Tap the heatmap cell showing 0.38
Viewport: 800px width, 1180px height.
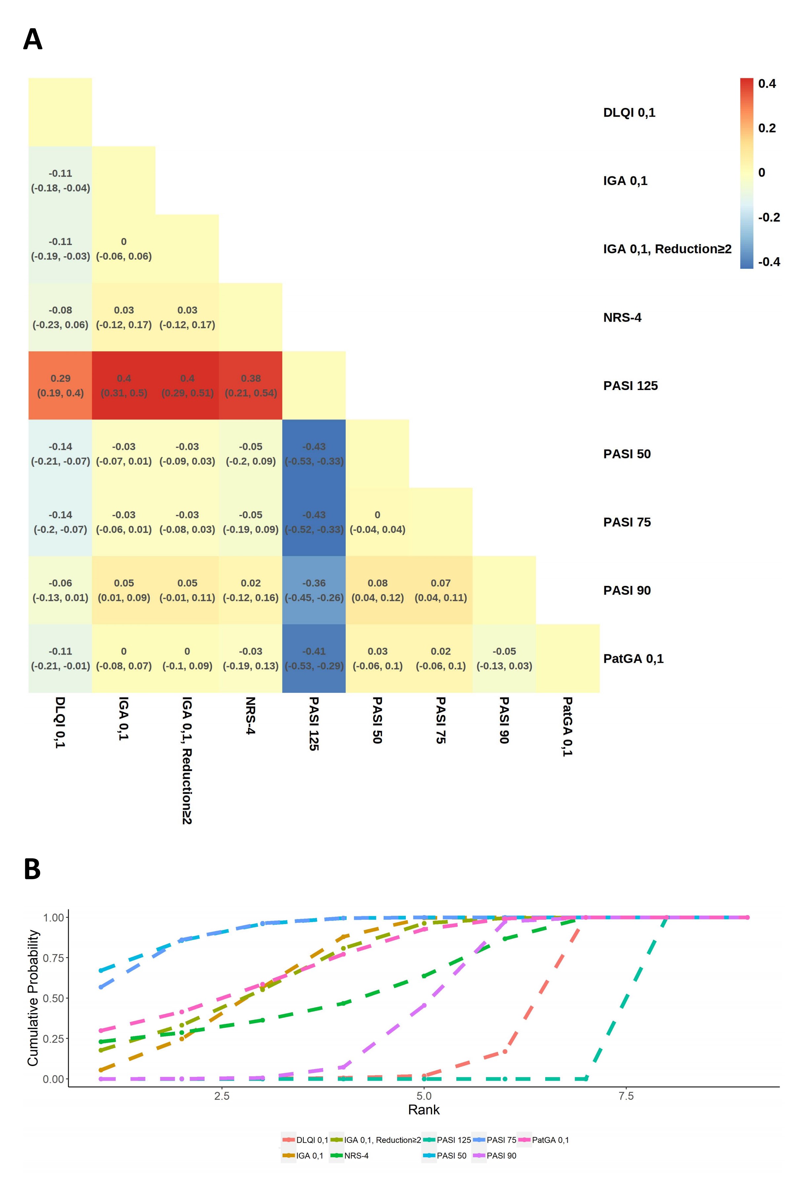pyautogui.click(x=250, y=385)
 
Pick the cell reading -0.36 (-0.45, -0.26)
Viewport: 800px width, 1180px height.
pyautogui.click(x=314, y=590)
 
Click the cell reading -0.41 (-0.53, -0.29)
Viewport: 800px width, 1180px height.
pyautogui.click(x=314, y=658)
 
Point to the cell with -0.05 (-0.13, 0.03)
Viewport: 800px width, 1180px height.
pyautogui.click(x=504, y=658)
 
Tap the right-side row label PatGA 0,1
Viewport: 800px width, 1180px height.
pyautogui.click(x=633, y=659)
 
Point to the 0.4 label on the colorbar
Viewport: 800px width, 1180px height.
pyautogui.click(x=767, y=84)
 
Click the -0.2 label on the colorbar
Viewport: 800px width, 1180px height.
pyautogui.click(x=769, y=217)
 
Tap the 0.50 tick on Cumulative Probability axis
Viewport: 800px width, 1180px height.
pyautogui.click(x=53, y=998)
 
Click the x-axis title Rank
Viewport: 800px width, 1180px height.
pyautogui.click(x=424, y=1110)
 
